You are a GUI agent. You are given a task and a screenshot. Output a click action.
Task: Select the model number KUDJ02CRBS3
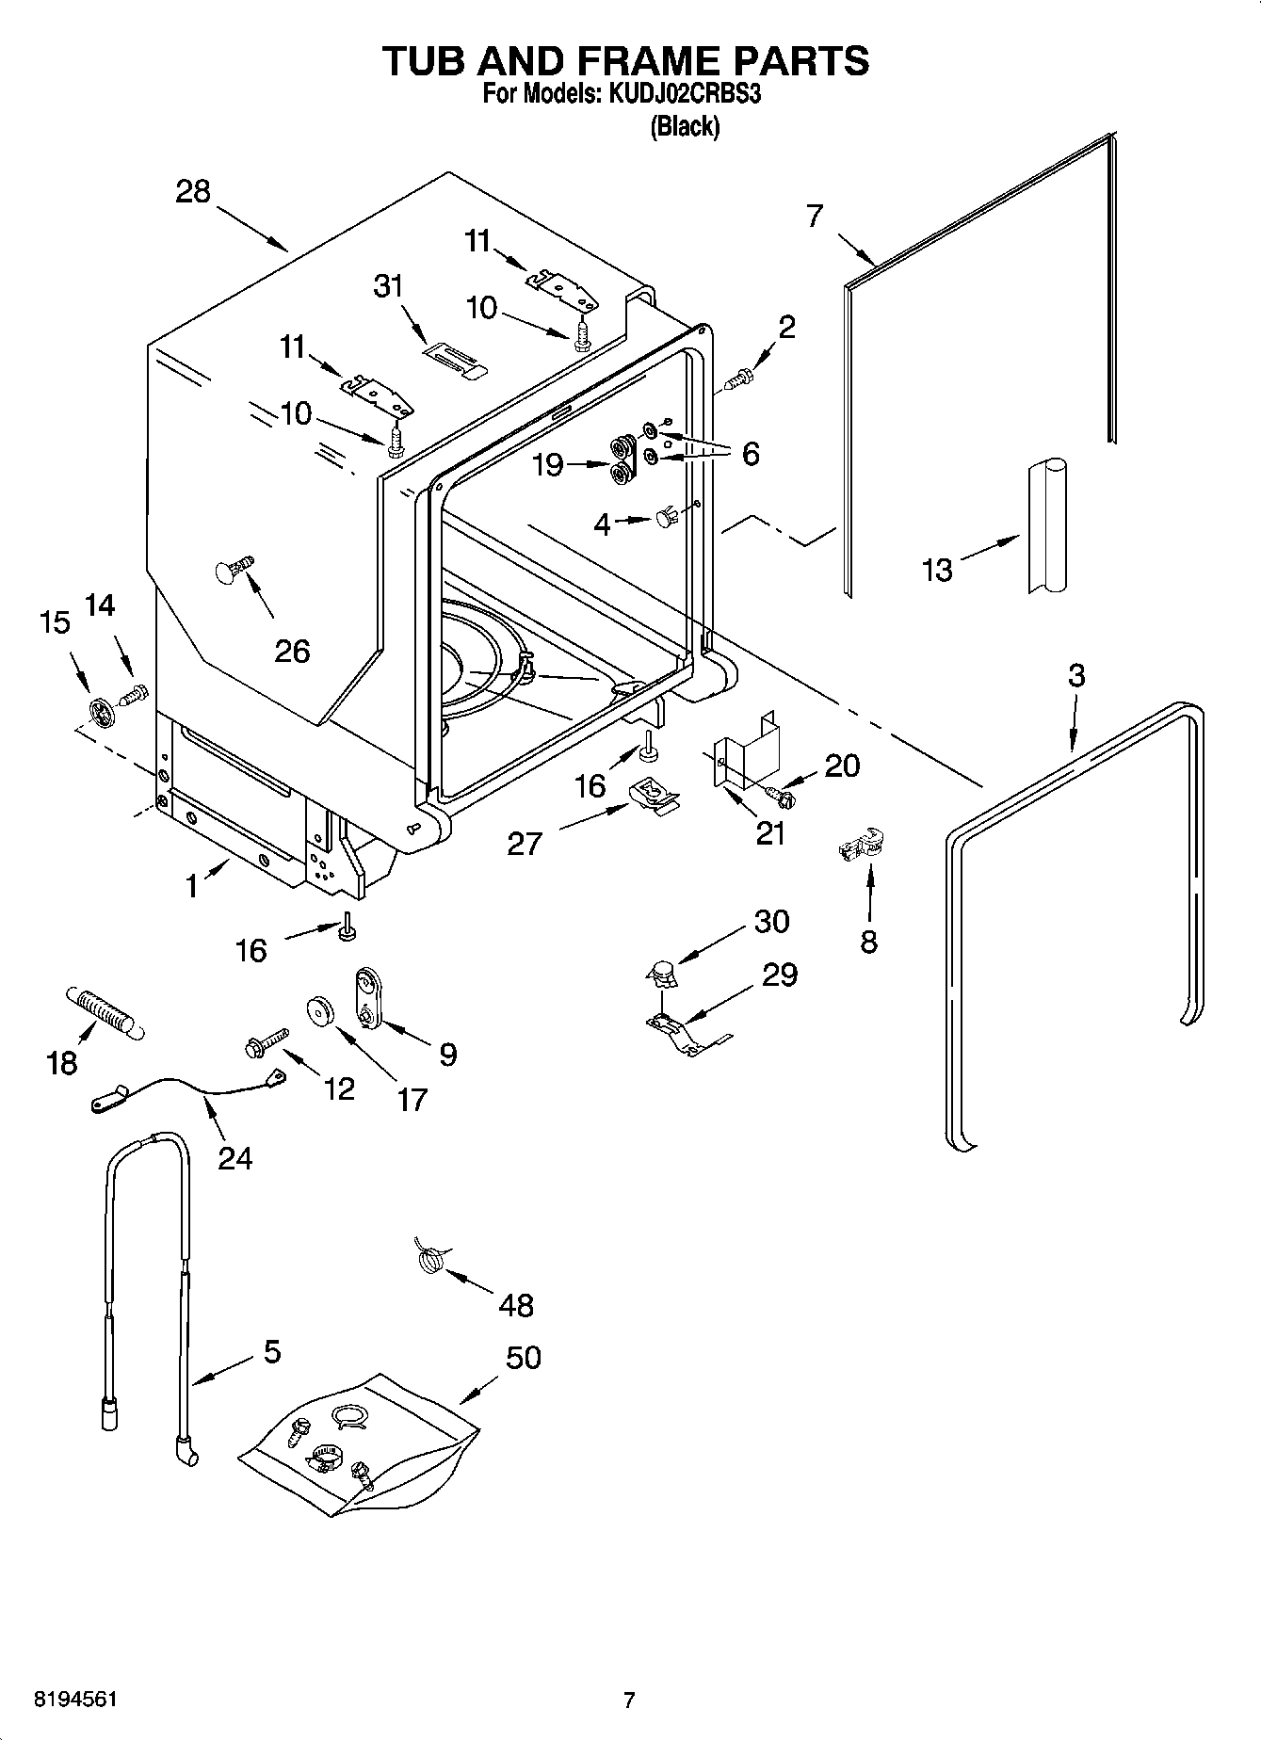(x=685, y=94)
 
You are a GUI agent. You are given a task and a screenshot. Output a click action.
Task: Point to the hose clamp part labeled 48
(x=430, y=1258)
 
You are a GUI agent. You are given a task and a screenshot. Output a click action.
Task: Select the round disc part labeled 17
(x=321, y=1011)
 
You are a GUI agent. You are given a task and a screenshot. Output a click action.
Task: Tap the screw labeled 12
(x=264, y=1043)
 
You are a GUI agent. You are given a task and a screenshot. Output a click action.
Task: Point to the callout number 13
(x=937, y=569)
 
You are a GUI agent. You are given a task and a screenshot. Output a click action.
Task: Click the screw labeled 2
(x=739, y=379)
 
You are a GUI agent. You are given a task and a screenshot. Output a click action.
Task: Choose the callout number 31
(x=388, y=285)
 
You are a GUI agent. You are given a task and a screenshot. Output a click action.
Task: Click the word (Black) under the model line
(x=685, y=126)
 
